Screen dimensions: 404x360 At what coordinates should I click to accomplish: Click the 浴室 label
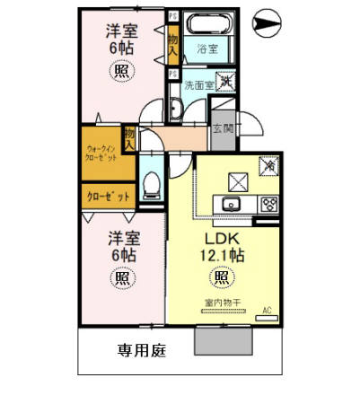[x=207, y=48]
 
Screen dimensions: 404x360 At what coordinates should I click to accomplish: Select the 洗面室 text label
[x=198, y=86]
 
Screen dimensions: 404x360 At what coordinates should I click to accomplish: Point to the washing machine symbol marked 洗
[x=226, y=82]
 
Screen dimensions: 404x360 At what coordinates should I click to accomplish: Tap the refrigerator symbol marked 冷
[x=268, y=165]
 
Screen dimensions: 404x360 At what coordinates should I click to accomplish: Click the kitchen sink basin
[x=232, y=202]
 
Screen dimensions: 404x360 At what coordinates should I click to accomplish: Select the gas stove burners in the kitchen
[x=268, y=203]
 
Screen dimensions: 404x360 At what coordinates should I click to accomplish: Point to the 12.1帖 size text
[x=224, y=256]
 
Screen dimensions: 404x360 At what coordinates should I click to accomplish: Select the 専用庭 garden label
[x=140, y=350]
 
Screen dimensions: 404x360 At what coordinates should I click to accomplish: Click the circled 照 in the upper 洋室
[x=120, y=75]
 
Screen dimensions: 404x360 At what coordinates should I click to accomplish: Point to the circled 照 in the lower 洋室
[x=120, y=278]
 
